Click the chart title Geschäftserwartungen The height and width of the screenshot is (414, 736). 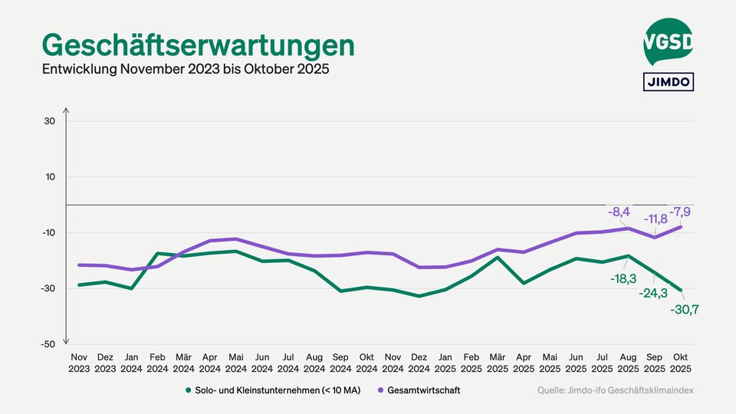pos(198,44)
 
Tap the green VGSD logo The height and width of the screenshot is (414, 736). pos(668,41)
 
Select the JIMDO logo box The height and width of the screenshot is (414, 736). pos(668,81)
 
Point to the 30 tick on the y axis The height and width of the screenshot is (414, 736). pos(50,121)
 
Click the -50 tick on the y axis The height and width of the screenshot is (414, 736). pos(48,344)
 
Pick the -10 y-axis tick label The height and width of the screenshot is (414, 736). pos(48,233)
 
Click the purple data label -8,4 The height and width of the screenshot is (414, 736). pos(619,212)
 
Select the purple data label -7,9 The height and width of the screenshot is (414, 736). pos(681,211)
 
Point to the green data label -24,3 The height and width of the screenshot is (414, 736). pos(654,294)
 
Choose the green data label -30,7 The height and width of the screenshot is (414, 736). pos(685,310)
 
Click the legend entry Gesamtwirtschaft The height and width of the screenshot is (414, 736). pos(422,390)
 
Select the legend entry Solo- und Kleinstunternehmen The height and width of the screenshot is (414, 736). pos(274,390)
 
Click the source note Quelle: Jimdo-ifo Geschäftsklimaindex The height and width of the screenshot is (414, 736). pos(615,390)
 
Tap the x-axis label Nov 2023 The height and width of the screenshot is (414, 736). pos(79,363)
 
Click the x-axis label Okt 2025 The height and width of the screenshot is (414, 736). pos(681,363)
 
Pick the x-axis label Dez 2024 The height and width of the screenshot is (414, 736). pos(419,363)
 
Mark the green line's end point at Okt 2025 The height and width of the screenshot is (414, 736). pos(681,291)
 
